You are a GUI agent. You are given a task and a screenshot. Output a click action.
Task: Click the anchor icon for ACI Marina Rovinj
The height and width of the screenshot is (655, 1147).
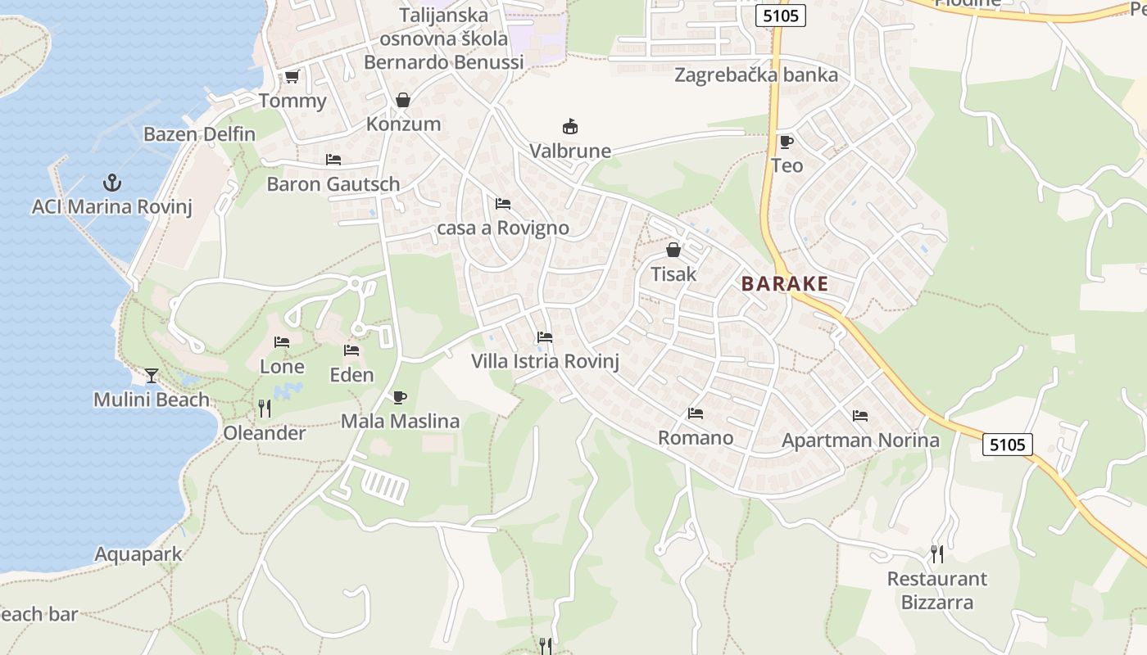tap(111, 182)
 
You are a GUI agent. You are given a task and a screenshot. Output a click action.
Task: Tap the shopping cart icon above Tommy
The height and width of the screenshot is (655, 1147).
tap(292, 77)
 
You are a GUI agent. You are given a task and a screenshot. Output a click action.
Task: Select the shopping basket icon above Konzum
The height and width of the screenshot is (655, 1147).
tap(403, 100)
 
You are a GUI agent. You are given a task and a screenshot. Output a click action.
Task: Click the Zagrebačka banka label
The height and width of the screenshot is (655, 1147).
tap(756, 75)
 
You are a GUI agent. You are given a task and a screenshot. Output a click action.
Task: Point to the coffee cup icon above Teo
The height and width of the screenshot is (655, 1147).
tap(787, 142)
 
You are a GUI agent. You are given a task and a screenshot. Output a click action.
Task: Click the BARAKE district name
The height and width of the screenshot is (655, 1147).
tap(785, 284)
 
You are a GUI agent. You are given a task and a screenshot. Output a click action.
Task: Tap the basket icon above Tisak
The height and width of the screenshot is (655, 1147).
tap(673, 249)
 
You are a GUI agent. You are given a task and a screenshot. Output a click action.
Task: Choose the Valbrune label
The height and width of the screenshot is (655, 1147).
tap(570, 151)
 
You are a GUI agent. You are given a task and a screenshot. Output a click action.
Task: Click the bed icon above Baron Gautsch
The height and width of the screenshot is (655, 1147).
tap(333, 160)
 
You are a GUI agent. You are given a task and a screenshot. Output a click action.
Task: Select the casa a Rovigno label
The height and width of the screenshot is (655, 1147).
tap(503, 228)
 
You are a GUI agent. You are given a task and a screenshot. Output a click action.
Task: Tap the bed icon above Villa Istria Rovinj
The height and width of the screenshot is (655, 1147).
tap(545, 337)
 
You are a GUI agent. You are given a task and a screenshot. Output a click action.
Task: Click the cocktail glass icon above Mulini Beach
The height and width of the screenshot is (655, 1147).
tap(152, 376)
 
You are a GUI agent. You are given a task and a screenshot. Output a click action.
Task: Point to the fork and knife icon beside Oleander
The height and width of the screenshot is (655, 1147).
tap(265, 408)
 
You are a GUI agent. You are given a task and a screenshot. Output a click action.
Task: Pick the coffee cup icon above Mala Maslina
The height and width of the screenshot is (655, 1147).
tap(400, 397)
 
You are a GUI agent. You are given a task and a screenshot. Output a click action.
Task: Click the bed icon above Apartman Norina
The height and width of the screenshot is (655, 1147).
tap(860, 416)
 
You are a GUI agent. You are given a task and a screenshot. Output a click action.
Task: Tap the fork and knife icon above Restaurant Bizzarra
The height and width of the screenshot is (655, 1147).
tap(936, 554)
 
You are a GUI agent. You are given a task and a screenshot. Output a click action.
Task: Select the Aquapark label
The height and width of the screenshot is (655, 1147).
tap(138, 554)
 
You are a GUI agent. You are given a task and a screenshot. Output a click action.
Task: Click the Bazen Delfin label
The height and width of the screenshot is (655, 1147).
tap(199, 134)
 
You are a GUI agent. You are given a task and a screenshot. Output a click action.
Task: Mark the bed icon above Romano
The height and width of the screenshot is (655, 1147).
tap(696, 413)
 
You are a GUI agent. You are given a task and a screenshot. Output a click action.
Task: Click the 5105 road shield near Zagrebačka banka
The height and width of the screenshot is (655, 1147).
tap(782, 15)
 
